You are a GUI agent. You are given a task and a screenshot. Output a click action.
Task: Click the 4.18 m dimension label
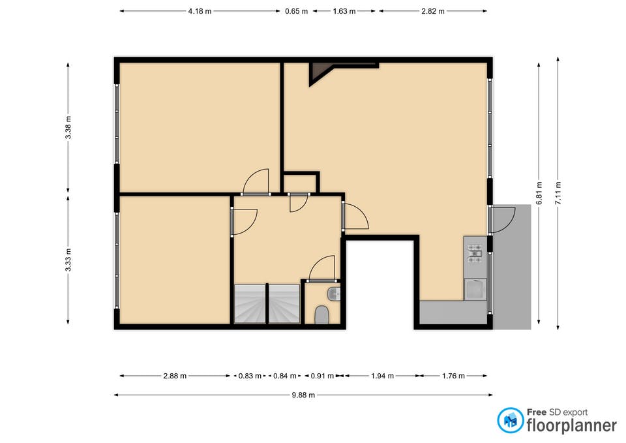coord(200,11)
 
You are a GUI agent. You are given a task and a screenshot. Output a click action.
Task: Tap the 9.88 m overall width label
coord(303,395)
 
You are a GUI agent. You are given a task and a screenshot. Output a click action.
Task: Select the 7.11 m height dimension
coord(558,193)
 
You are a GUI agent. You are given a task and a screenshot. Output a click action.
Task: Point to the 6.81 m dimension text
coord(539,193)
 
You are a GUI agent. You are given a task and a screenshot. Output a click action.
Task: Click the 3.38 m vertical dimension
coord(68,127)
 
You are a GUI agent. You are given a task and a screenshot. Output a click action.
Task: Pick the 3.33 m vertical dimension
coord(68,260)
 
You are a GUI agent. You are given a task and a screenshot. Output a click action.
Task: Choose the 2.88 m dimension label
coord(175,376)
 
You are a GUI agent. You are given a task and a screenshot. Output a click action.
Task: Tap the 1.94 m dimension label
coord(382,376)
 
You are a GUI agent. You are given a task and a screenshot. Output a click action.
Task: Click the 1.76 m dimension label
coord(453,376)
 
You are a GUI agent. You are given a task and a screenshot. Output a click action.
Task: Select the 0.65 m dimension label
coord(296,11)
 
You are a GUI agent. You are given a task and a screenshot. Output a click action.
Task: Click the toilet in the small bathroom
coord(321,314)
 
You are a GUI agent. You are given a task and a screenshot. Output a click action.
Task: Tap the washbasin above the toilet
coord(333,294)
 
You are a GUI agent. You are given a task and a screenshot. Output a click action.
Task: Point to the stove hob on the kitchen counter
coord(475,254)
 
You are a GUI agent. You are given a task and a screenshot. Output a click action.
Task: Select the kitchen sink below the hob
coord(475,289)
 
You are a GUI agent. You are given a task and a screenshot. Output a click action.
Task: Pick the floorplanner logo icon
coord(511,420)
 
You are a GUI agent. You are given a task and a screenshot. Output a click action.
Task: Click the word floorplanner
coord(572,425)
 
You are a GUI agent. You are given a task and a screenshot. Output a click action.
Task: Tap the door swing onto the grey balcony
coord(503,219)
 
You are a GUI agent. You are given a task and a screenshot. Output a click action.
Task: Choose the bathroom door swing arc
coord(321,268)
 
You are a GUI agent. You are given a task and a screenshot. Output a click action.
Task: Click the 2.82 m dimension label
coord(433,11)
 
